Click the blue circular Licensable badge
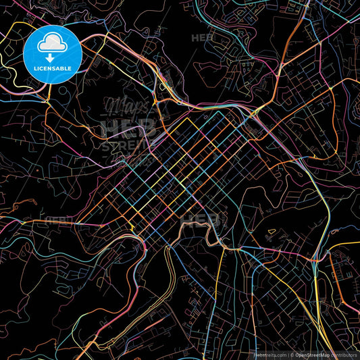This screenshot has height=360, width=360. (x=53, y=54)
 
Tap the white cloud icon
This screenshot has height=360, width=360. (x=53, y=45)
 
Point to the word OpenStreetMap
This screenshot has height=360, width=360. (x=312, y=354)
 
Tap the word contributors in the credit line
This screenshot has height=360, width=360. (x=344, y=354)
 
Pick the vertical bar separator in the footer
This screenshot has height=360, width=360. (x=288, y=354)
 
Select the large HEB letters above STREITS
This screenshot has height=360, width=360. (x=128, y=127)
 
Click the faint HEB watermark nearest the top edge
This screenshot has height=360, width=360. (x=202, y=38)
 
